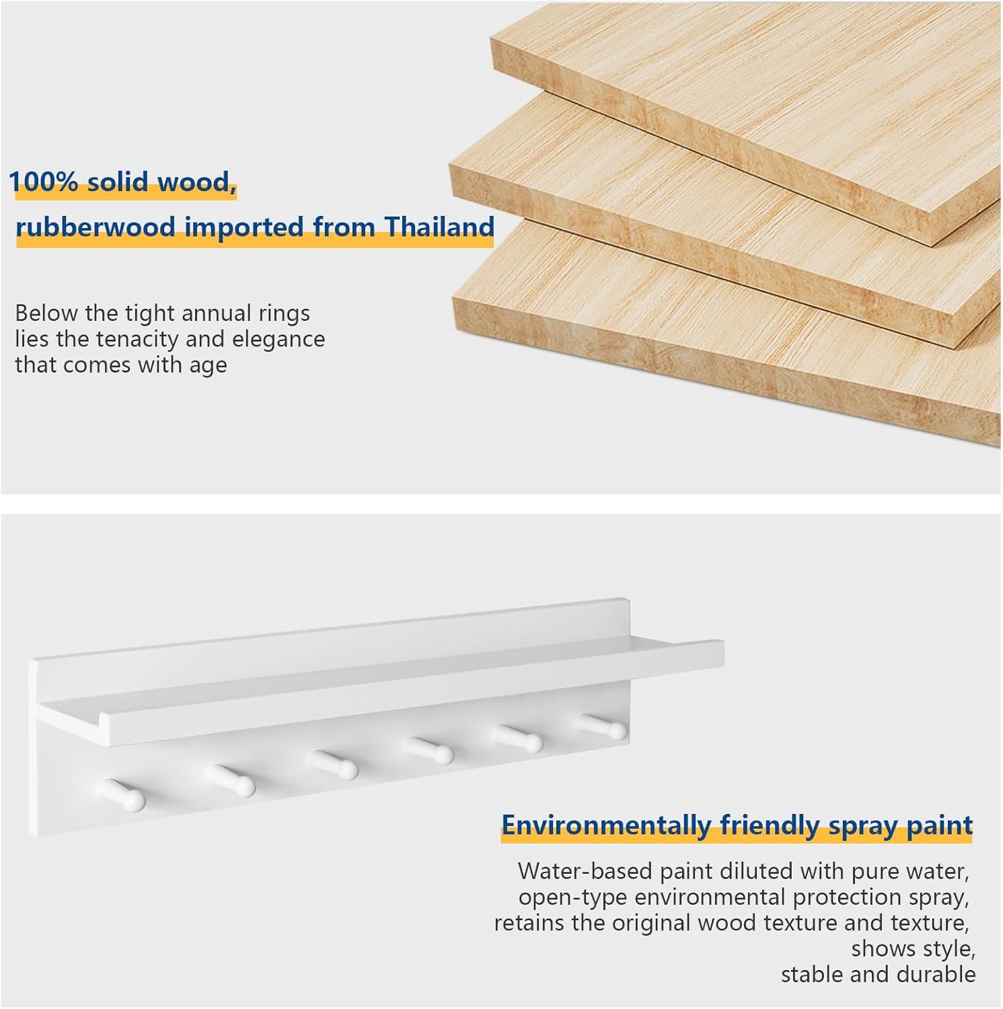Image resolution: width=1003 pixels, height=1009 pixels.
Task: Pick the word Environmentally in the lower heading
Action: (606, 825)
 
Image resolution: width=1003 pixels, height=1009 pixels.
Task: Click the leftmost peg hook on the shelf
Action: (124, 794)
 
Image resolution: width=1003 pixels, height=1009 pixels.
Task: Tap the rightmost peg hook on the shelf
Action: (601, 725)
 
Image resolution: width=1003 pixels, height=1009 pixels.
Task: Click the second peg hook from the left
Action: (231, 780)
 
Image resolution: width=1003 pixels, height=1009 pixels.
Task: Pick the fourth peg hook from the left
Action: (429, 750)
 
